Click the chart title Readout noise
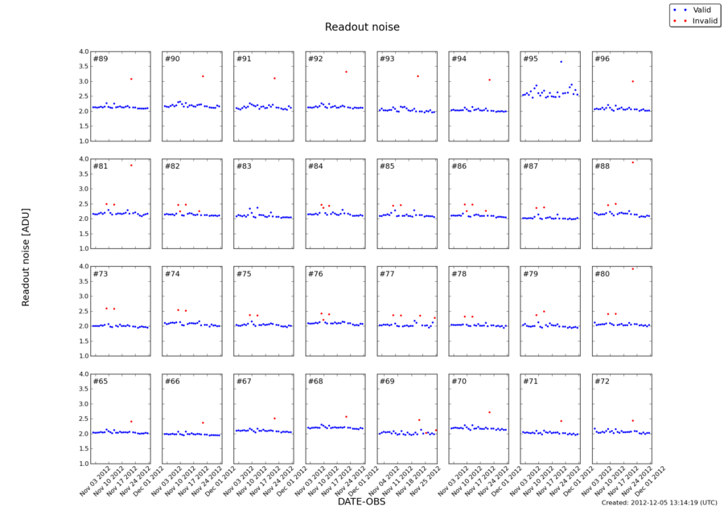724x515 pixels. (362, 27)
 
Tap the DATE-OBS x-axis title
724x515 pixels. (362, 502)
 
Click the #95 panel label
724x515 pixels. (530, 59)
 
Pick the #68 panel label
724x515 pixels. (315, 381)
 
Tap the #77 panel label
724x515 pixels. (387, 274)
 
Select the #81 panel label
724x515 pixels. (101, 166)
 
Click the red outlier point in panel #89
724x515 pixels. (131, 79)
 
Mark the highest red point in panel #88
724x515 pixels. (632, 162)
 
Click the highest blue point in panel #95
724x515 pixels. (561, 62)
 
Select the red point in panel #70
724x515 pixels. (489, 412)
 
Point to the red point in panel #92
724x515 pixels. (346, 72)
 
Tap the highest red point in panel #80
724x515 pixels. (632, 269)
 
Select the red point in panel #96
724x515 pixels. (632, 81)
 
